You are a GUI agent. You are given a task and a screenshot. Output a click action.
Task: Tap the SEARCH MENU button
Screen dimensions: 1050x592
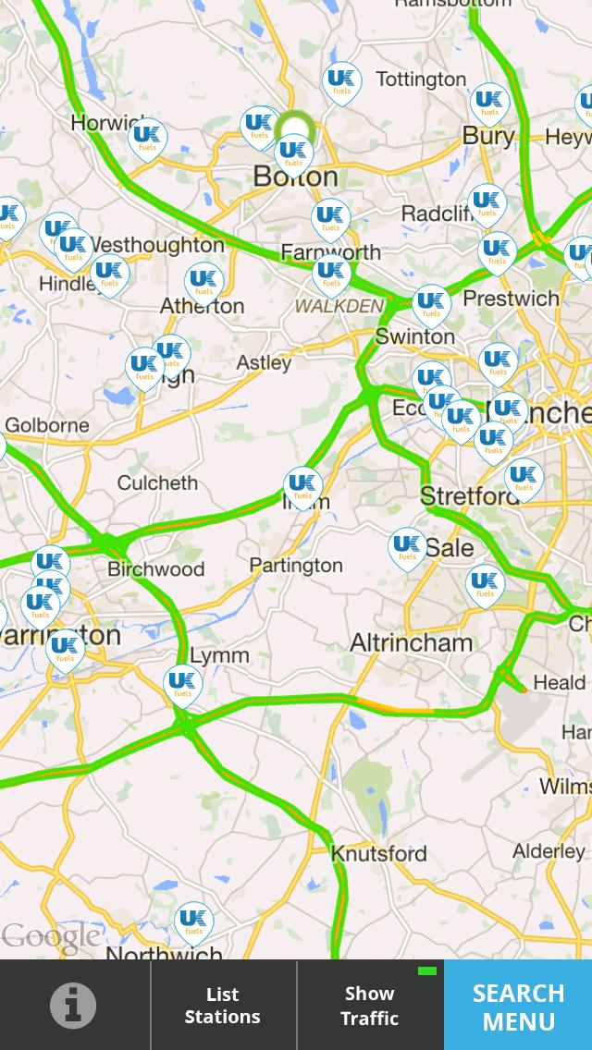(518, 1006)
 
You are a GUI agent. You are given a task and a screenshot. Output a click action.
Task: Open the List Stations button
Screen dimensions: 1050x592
(222, 1006)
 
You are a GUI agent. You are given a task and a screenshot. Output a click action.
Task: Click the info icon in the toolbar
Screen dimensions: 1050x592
(73, 1005)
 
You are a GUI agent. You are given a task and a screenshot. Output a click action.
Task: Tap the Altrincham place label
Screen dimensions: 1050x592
(411, 642)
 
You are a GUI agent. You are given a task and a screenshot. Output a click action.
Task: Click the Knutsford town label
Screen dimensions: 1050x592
(379, 853)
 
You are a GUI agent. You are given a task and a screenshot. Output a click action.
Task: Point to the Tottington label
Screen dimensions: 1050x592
(421, 79)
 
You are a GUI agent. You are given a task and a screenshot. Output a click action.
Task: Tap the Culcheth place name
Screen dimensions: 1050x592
(157, 482)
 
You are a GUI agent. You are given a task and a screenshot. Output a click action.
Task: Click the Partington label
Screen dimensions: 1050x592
(296, 565)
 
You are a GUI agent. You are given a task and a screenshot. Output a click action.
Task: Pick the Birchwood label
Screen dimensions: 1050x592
(155, 568)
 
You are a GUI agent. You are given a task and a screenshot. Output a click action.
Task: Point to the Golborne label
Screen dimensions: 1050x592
(47, 425)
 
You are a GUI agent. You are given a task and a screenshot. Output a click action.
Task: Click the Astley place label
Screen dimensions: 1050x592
(264, 363)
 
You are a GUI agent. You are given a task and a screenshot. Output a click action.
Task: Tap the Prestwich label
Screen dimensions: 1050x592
(511, 299)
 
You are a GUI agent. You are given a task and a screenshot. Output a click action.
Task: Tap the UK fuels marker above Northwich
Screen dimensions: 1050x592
(193, 922)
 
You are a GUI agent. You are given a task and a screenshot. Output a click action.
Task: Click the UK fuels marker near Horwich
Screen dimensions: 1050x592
(146, 139)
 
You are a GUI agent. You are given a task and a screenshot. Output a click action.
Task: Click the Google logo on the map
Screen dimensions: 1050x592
(51, 937)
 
